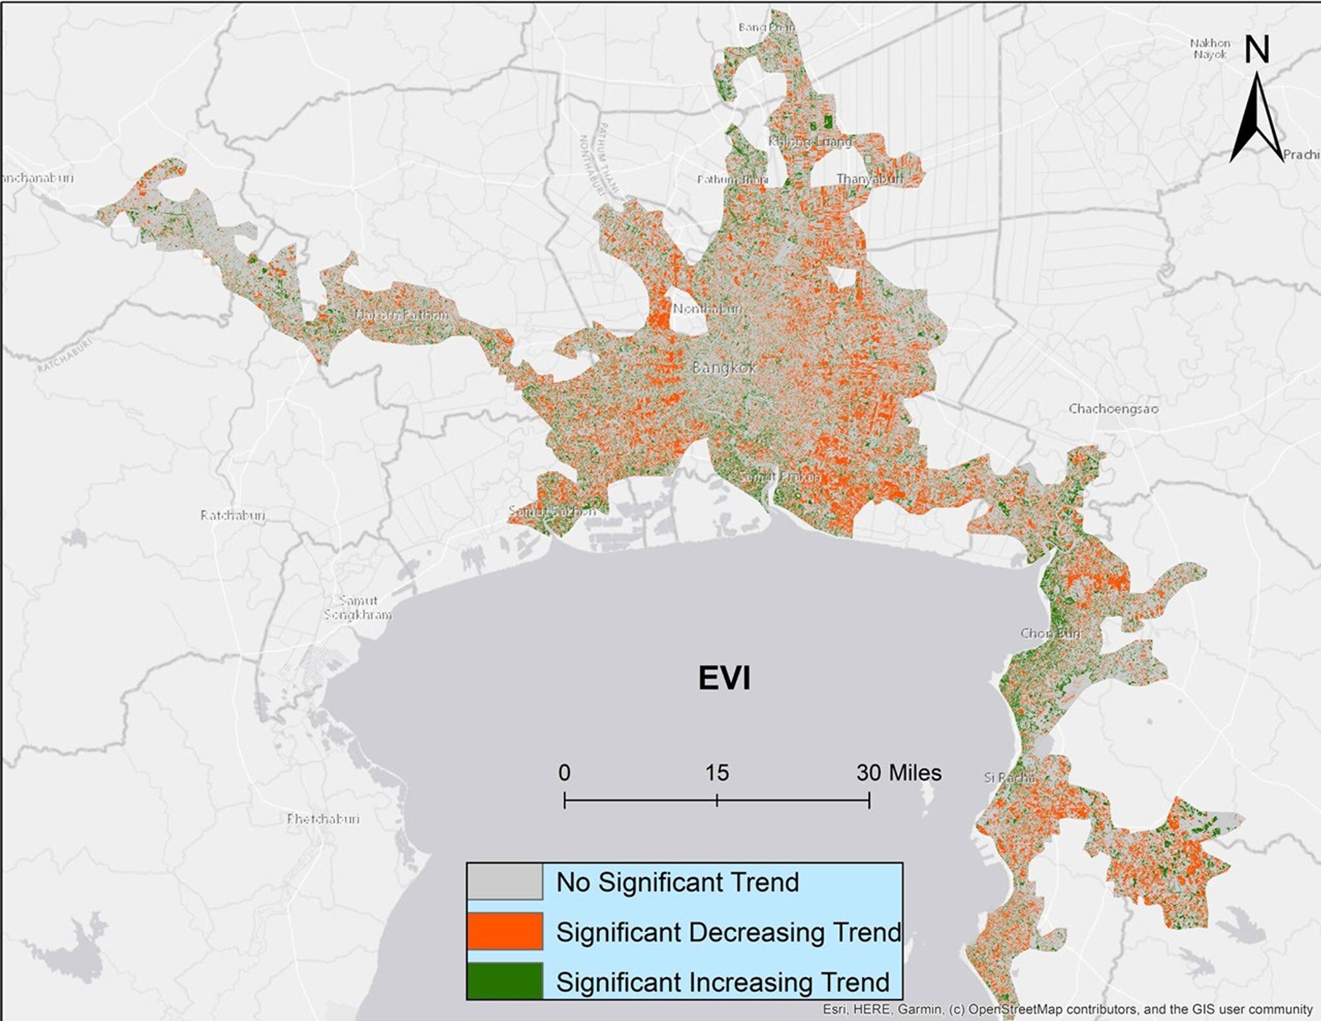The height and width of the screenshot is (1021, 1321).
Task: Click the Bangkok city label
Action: (x=724, y=368)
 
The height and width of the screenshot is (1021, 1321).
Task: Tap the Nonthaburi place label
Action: (x=708, y=308)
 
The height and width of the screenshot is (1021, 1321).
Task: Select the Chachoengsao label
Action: (x=1113, y=409)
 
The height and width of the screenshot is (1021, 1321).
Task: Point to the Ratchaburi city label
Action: (x=232, y=515)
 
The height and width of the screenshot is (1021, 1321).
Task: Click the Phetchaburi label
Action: (x=323, y=818)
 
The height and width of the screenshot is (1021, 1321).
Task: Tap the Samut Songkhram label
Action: (x=358, y=607)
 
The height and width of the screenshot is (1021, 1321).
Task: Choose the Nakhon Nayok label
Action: (x=1210, y=48)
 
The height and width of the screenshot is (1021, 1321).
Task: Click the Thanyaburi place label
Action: (x=869, y=179)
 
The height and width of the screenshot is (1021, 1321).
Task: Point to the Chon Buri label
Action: (x=1050, y=633)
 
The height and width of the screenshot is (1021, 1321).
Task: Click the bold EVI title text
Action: (x=724, y=678)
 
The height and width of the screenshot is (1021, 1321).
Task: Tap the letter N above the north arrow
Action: (x=1256, y=50)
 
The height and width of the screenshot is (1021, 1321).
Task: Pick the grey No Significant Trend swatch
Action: (x=504, y=882)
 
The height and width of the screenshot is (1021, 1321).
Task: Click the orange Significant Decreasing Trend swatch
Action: (x=504, y=931)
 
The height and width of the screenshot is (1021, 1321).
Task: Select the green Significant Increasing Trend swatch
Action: (x=504, y=981)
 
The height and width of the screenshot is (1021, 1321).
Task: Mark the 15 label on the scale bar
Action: (x=717, y=773)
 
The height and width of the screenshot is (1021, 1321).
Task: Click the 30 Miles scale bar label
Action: (x=899, y=773)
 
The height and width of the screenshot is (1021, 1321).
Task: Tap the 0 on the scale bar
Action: (x=564, y=773)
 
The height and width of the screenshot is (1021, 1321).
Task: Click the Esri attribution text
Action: (x=1067, y=1009)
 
